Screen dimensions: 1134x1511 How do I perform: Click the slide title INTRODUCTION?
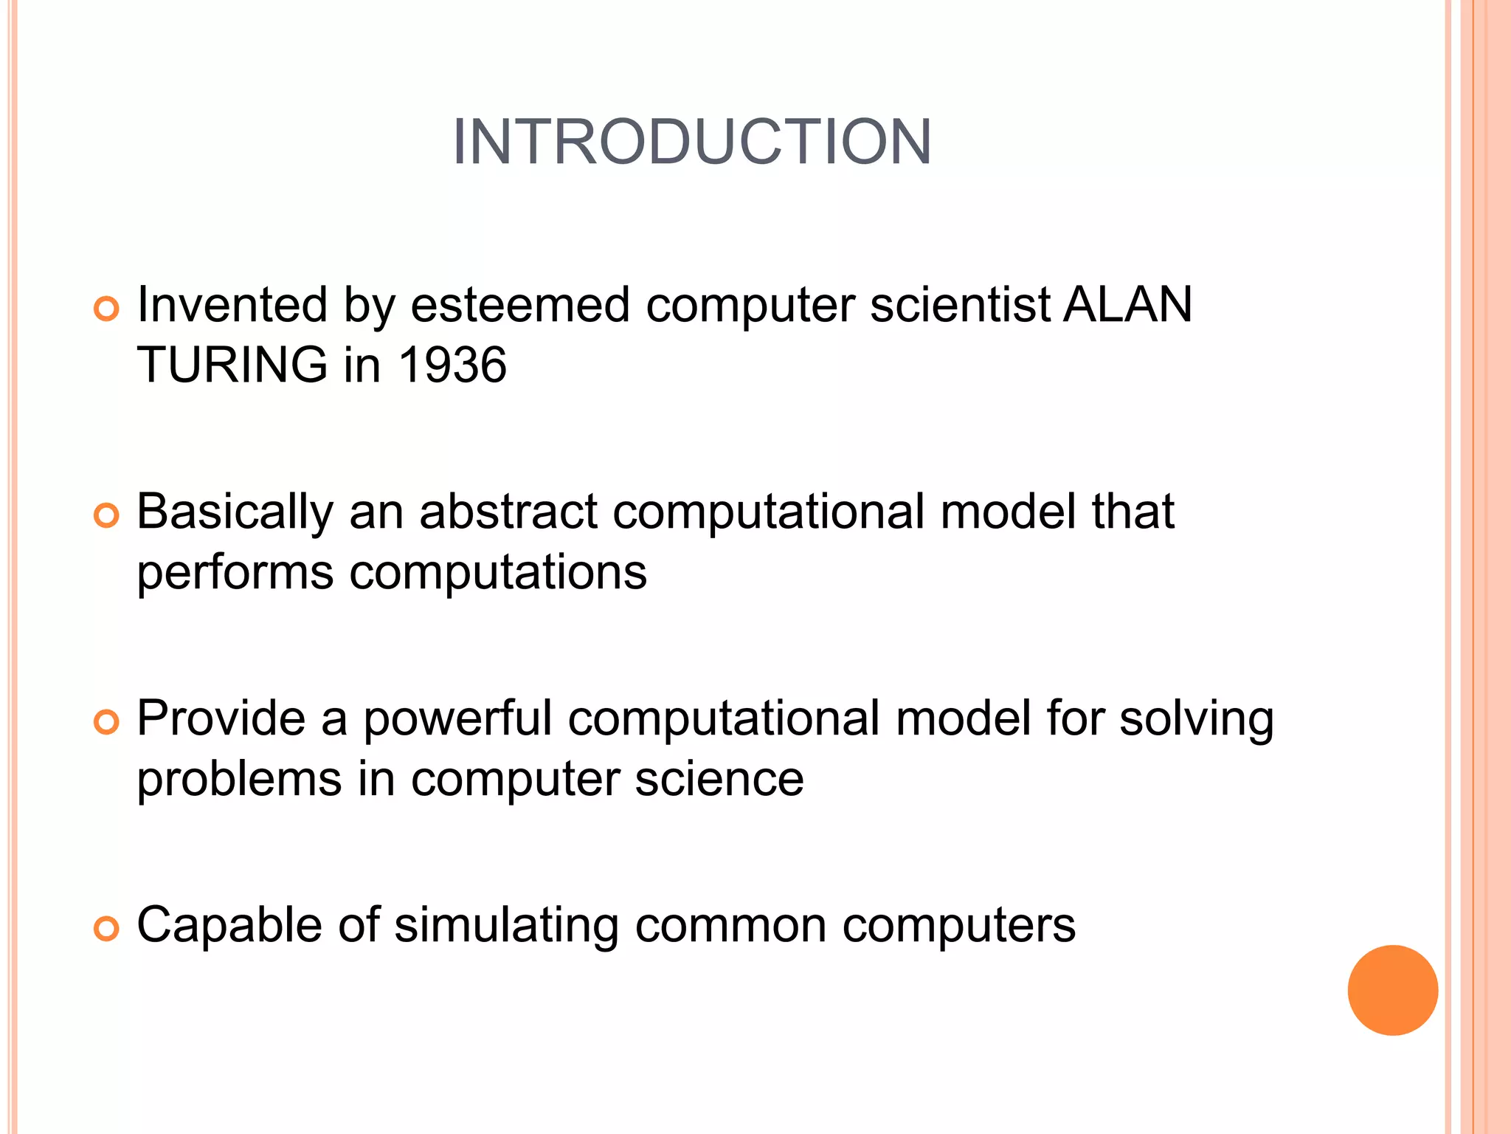point(692,142)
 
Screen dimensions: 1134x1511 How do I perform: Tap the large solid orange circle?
point(1392,990)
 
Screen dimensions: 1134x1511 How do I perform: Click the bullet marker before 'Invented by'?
point(107,309)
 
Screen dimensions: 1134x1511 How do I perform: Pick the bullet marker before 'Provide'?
point(107,722)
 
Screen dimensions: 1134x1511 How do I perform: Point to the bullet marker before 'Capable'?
point(107,929)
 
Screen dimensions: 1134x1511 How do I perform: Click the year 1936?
point(452,365)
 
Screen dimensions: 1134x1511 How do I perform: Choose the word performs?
point(235,573)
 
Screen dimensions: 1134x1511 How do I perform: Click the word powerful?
point(457,718)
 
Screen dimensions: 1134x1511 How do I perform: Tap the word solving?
point(1197,720)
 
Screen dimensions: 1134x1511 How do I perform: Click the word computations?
point(498,573)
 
